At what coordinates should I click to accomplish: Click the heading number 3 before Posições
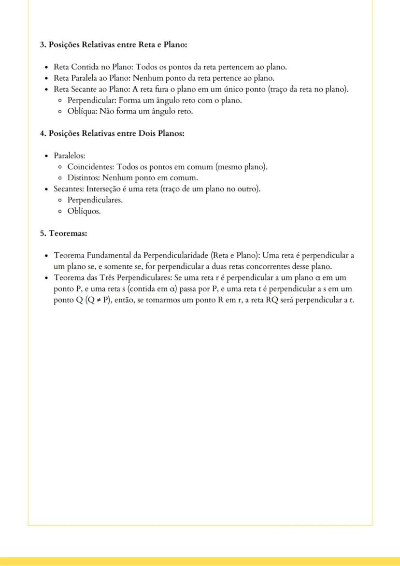tap(42, 44)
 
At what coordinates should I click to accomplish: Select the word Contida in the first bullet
tap(84, 67)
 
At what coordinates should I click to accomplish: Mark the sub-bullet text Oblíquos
tap(84, 211)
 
